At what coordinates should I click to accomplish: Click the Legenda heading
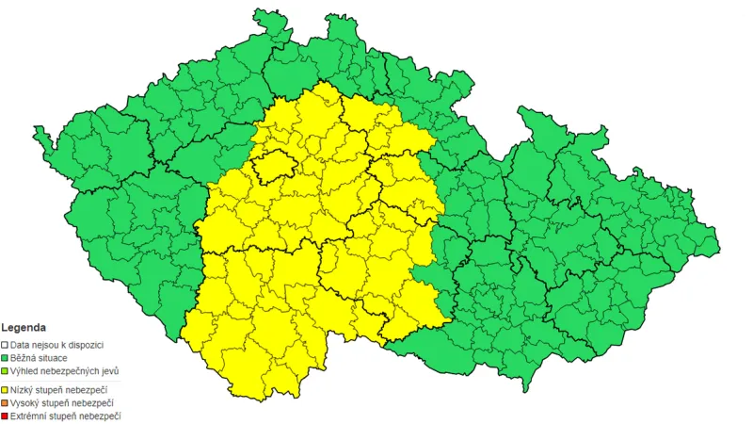click(x=24, y=329)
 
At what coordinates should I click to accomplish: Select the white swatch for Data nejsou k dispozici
click(x=5, y=345)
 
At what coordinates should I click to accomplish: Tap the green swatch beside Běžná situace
click(x=5, y=359)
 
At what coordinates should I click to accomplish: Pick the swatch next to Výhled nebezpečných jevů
click(x=5, y=372)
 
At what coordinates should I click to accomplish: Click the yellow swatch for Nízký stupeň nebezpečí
click(x=5, y=388)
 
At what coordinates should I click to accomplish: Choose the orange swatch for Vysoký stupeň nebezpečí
click(x=5, y=402)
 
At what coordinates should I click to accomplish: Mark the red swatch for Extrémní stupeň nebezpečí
click(x=5, y=416)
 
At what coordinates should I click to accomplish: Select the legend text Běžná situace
click(x=39, y=359)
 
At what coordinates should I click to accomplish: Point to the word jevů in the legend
click(x=109, y=372)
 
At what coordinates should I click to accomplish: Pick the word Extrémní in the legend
click(x=29, y=416)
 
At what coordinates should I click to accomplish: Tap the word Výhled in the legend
click(x=24, y=372)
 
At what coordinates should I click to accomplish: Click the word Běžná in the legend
click(x=24, y=359)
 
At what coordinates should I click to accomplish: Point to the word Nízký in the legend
click(x=23, y=388)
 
